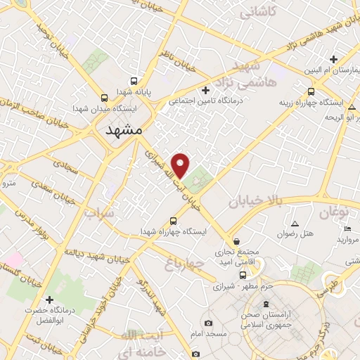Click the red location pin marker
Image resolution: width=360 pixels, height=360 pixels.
(x=181, y=165)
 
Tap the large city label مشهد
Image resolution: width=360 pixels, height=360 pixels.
(x=124, y=131)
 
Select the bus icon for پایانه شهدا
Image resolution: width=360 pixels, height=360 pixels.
(x=134, y=81)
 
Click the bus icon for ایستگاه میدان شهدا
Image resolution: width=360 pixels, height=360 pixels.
(x=104, y=98)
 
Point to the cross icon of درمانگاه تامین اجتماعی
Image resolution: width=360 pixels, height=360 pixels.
(x=205, y=89)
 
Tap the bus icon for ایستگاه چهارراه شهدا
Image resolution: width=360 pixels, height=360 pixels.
(x=174, y=219)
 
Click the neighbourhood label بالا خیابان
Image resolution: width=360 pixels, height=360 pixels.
(x=258, y=202)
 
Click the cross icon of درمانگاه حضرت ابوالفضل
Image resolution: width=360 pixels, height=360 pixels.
(x=49, y=300)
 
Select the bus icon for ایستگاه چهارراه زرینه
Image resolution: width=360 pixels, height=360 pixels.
(x=311, y=91)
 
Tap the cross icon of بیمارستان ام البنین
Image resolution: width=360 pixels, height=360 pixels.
(x=334, y=59)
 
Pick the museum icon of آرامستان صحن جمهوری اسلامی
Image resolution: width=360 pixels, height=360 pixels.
(x=265, y=304)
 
